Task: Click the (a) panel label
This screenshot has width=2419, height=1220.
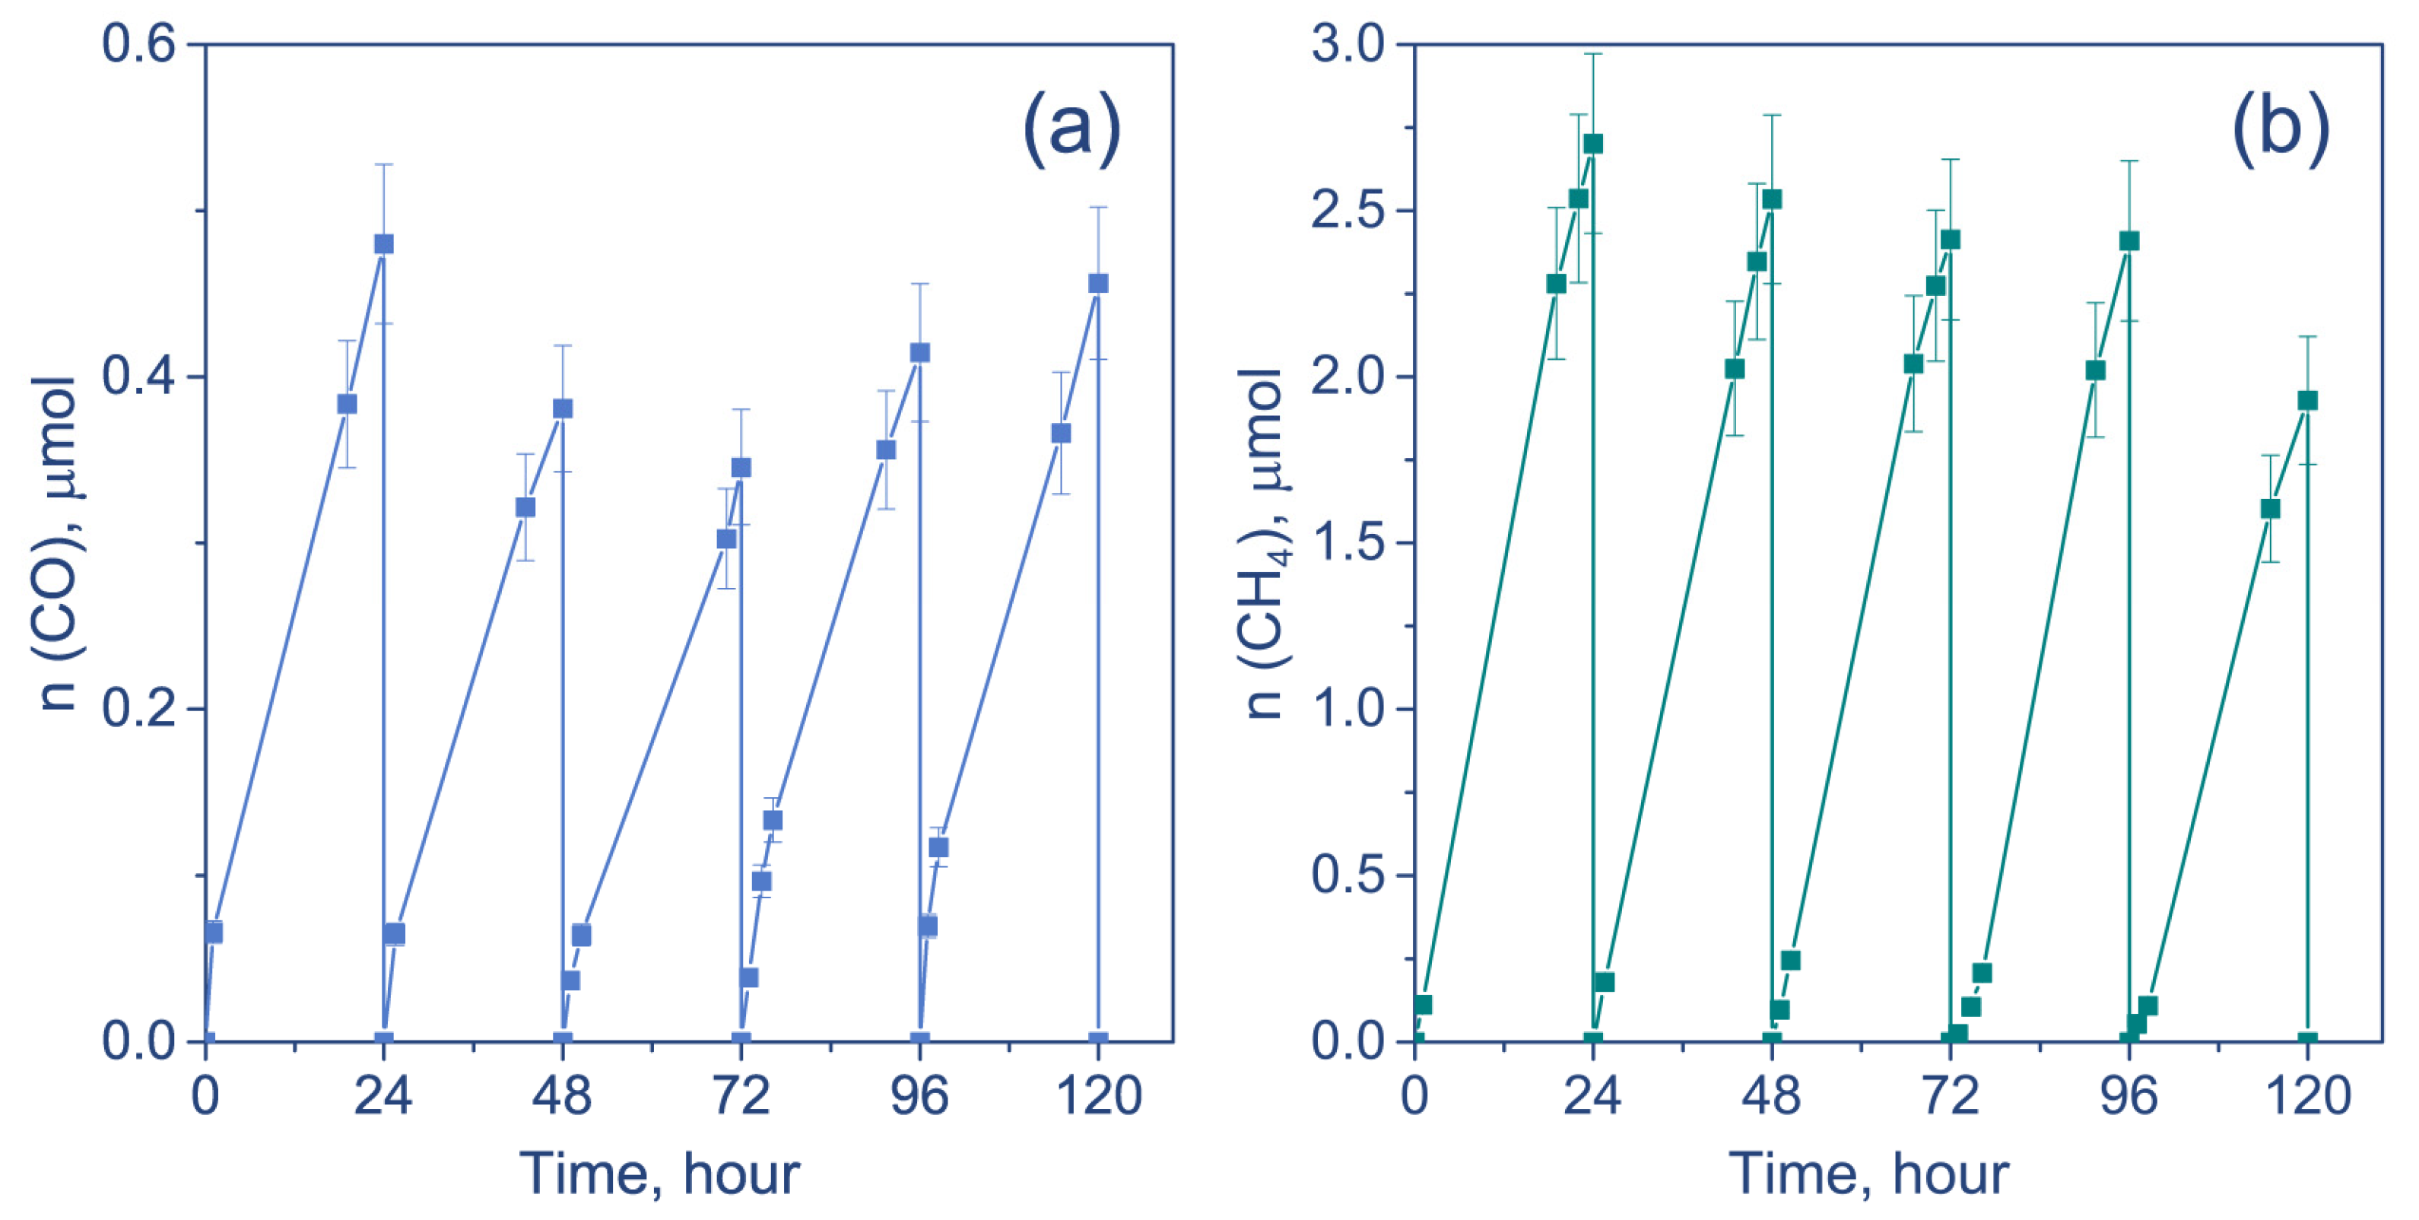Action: (1071, 129)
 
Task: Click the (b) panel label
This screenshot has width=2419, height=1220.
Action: (2280, 129)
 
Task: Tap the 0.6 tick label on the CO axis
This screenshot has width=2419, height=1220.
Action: (139, 44)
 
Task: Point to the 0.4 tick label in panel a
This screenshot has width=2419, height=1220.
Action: (139, 376)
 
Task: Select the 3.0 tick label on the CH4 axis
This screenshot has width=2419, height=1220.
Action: (1348, 44)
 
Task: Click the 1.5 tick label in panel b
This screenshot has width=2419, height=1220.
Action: (1348, 543)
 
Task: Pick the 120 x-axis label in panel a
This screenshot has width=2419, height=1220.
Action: (1099, 1096)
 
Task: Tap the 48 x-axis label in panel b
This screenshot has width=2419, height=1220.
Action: (1771, 1096)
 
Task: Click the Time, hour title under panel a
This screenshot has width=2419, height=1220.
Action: (659, 1173)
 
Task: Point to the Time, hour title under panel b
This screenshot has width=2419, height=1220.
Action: (1868, 1173)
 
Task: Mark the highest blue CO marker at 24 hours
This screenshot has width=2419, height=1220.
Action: (383, 244)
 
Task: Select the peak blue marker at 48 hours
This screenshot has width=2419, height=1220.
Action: (563, 408)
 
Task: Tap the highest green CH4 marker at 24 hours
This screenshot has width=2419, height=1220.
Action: (1592, 144)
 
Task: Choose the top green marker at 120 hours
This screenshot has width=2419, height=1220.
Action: (2307, 401)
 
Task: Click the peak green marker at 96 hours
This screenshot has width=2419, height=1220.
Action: (2129, 241)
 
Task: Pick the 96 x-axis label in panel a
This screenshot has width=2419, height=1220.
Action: (919, 1096)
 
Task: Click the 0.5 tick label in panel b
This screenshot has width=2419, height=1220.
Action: (1348, 875)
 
